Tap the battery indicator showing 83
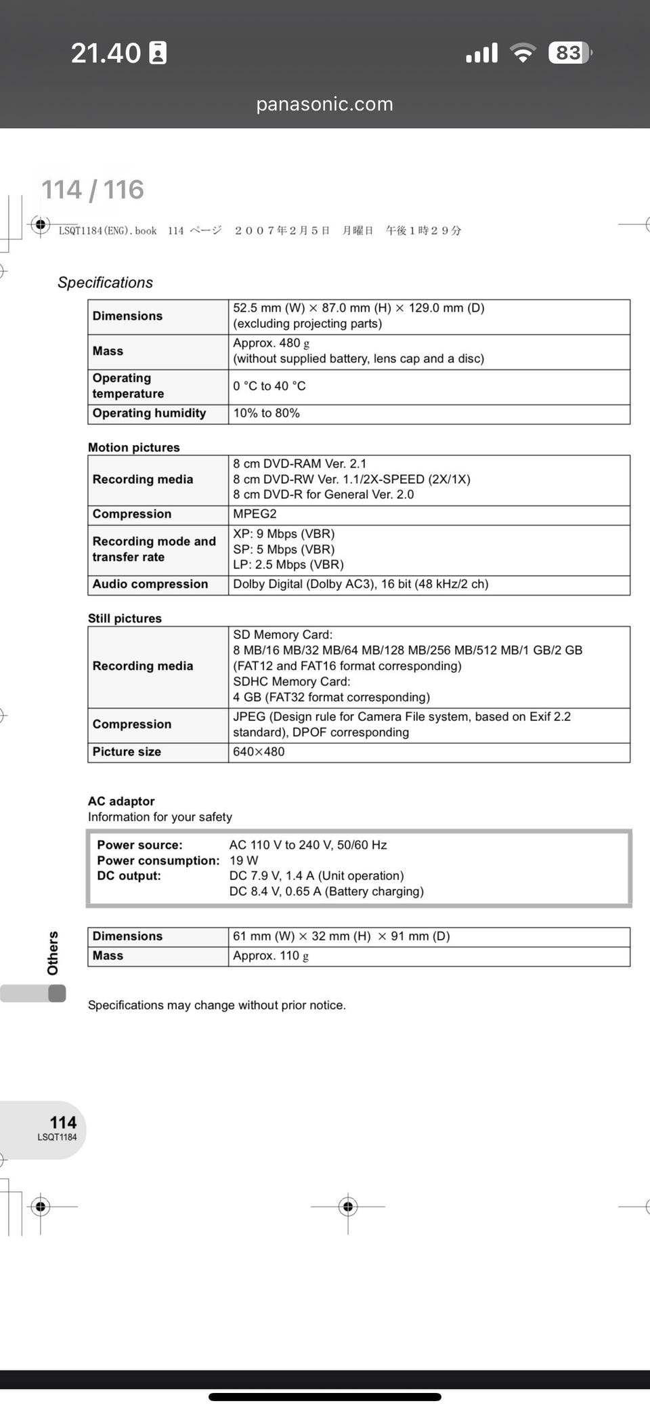[569, 53]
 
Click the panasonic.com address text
[324, 104]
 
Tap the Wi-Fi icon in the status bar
[522, 53]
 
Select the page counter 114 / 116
[93, 190]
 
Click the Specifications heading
[105, 283]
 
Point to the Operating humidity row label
[149, 413]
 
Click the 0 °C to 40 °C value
[269, 386]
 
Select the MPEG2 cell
[255, 514]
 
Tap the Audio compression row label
[150, 584]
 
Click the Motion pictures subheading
[134, 447]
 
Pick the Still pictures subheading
[125, 618]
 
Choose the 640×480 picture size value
[259, 752]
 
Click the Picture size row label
[127, 752]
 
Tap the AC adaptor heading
[121, 801]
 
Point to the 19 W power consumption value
[244, 860]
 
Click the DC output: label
[129, 876]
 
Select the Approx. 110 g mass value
[271, 956]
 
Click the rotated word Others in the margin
[53, 953]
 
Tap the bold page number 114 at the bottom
[63, 1123]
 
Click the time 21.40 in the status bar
[106, 53]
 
